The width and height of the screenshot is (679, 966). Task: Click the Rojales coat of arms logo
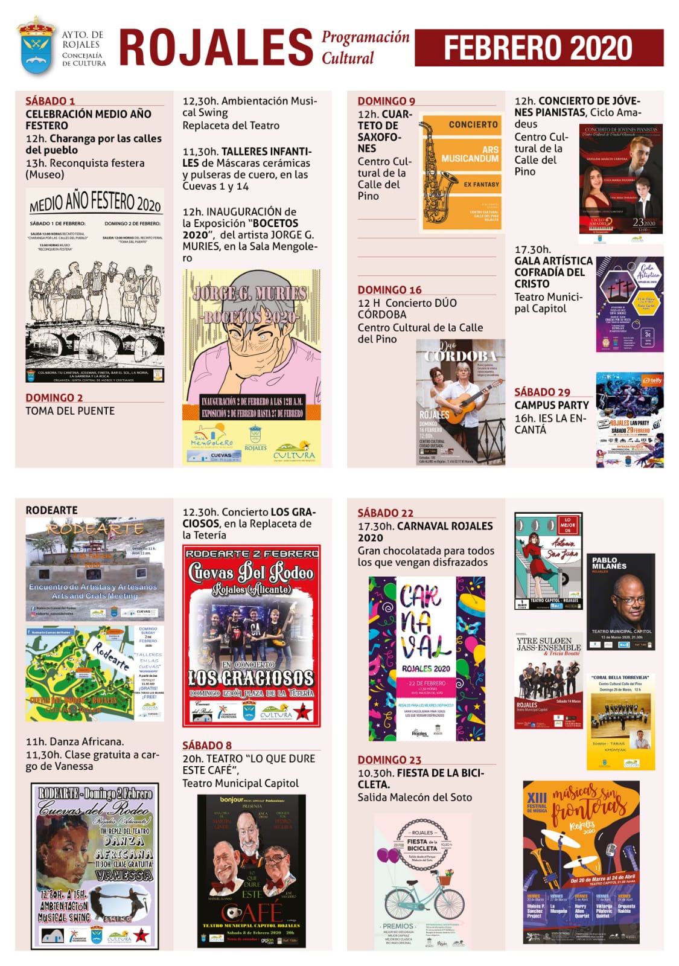(36, 46)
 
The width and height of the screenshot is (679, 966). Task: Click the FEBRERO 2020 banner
(538, 48)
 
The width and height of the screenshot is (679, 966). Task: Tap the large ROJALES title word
(216, 48)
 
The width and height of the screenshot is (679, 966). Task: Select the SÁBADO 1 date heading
(50, 101)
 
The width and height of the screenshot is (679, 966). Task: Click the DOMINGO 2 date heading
(54, 397)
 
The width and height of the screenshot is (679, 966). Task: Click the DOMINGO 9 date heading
(386, 101)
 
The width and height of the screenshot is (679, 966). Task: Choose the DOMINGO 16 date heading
(389, 290)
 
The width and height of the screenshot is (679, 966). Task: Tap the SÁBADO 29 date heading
(542, 392)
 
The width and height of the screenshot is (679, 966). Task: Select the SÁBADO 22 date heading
(385, 513)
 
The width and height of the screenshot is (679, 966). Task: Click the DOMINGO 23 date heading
(389, 760)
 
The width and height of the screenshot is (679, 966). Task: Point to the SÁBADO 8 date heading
(207, 745)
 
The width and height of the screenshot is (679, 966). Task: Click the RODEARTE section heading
(51, 510)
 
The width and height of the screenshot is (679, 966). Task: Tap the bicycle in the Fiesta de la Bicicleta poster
(424, 900)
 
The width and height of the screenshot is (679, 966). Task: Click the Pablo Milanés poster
(620, 601)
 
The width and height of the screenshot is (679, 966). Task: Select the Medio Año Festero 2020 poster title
(95, 202)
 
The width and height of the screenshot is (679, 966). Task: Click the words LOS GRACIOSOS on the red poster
(251, 678)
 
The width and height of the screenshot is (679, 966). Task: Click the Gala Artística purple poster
(630, 304)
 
